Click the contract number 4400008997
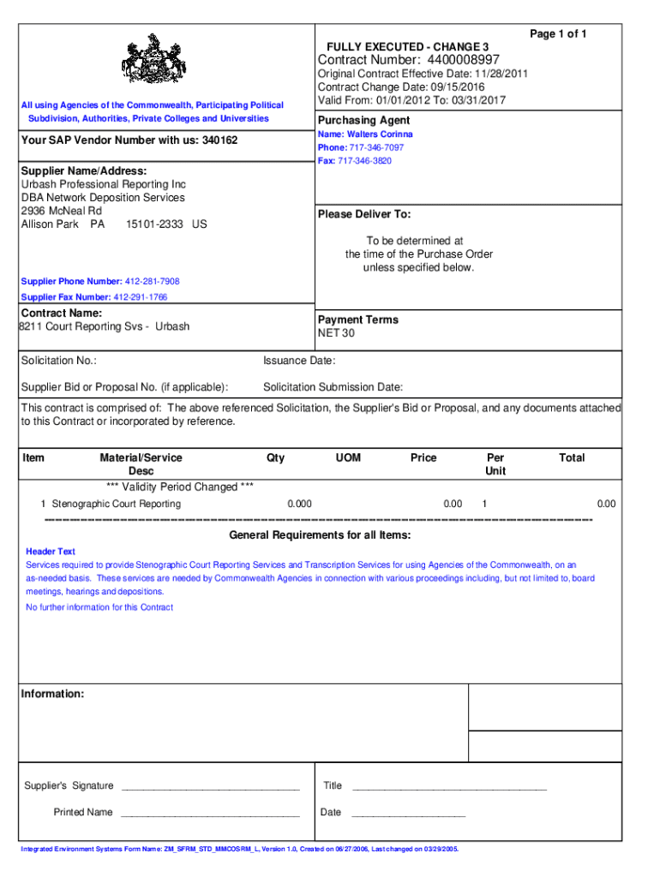coord(458,60)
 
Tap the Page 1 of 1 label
coord(558,33)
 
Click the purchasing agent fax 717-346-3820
coord(369,161)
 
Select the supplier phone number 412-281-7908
coord(153,282)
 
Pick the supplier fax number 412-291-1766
coord(147,297)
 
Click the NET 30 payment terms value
coord(336,333)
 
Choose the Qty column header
coord(275,458)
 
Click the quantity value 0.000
coord(299,504)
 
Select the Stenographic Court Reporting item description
coord(117,504)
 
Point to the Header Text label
coord(51,552)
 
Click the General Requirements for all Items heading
coord(320,535)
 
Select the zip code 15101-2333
coord(156,224)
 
